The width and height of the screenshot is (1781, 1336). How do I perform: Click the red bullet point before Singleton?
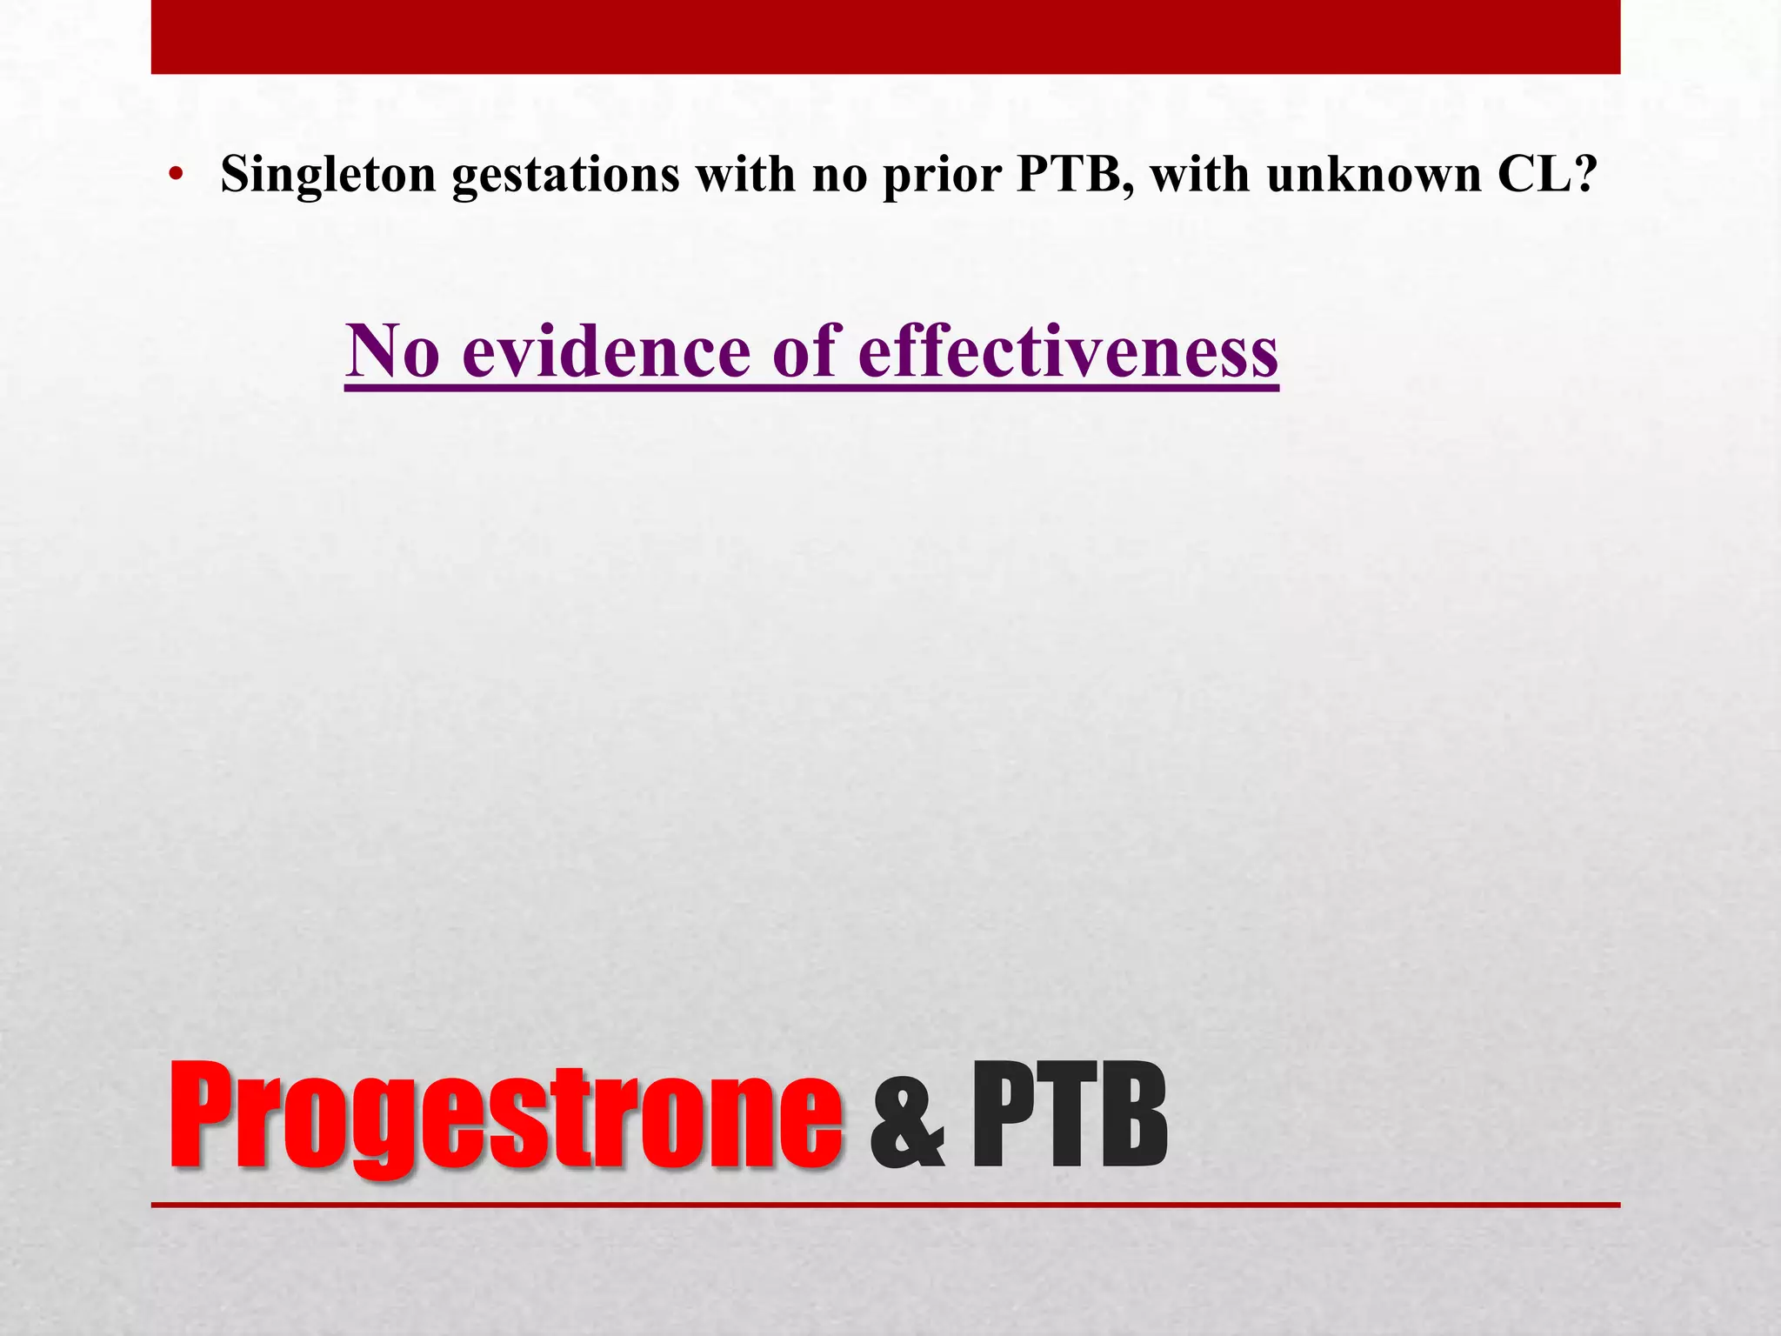tap(177, 177)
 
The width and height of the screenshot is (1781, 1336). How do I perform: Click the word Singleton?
tap(328, 175)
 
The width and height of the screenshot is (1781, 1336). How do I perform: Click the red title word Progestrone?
tap(505, 1117)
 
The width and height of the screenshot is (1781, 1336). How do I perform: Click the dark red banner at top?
tap(885, 37)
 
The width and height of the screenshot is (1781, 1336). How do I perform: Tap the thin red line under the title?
tap(885, 1205)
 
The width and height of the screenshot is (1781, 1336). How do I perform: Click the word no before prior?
tap(841, 175)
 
